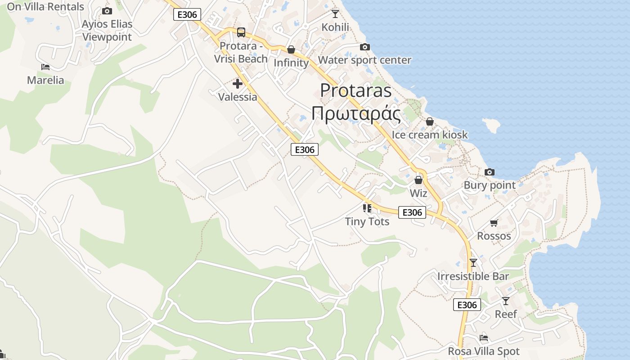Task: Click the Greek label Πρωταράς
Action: point(356,114)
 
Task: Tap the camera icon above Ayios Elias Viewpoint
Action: point(107,11)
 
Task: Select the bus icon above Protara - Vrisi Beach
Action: point(241,32)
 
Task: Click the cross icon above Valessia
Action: point(238,84)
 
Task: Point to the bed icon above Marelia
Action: point(45,67)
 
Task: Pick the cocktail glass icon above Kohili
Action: point(335,13)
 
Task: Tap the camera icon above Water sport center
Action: point(364,47)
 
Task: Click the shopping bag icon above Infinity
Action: point(291,49)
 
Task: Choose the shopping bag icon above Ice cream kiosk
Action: point(430,121)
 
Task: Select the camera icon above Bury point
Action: point(490,172)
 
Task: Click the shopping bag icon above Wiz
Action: point(418,180)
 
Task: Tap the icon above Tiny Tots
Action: point(367,208)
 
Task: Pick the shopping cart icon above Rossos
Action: point(494,223)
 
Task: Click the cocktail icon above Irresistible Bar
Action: point(473,263)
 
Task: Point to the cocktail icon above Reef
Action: point(506,301)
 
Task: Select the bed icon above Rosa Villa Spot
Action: point(484,337)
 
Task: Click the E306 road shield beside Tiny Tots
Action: point(412,212)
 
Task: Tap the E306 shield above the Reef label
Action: point(467,305)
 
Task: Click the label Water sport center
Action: point(364,60)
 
